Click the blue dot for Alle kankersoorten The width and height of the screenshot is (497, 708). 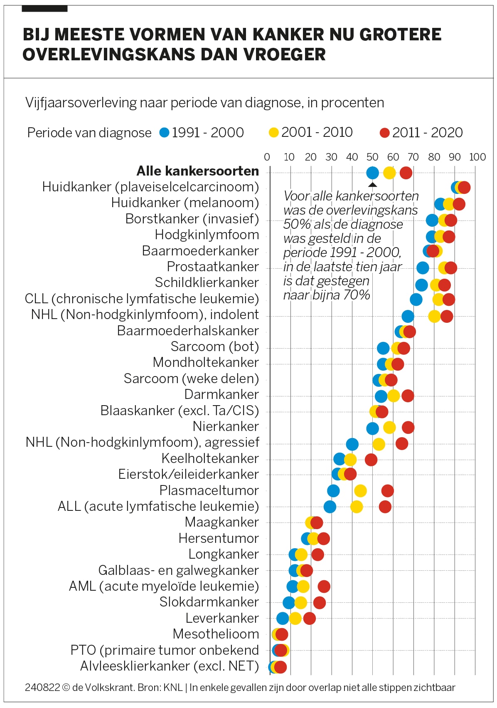point(373,173)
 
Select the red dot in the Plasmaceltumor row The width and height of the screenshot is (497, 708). point(387,491)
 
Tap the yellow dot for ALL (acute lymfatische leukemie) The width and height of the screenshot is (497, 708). point(357,507)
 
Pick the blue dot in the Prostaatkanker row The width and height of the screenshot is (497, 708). point(423,268)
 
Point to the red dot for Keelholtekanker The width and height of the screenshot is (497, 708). point(371,460)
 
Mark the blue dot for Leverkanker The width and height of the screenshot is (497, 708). point(283,619)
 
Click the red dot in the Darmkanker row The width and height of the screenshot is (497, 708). point(408,396)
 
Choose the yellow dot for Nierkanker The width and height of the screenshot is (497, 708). point(389,427)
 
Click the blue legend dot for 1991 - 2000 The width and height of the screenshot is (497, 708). point(165,133)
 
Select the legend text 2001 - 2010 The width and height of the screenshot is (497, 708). point(317,132)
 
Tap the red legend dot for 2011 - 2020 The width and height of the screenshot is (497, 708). point(385,133)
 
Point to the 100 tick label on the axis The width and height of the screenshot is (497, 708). point(477,157)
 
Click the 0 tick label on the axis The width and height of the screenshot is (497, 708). point(267,157)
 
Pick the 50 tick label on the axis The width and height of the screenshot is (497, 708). point(372,157)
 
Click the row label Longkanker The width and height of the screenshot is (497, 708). point(224,554)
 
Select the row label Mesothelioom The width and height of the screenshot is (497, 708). point(216,634)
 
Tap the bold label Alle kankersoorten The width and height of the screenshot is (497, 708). point(198,171)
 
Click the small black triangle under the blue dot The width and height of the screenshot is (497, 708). point(373,185)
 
